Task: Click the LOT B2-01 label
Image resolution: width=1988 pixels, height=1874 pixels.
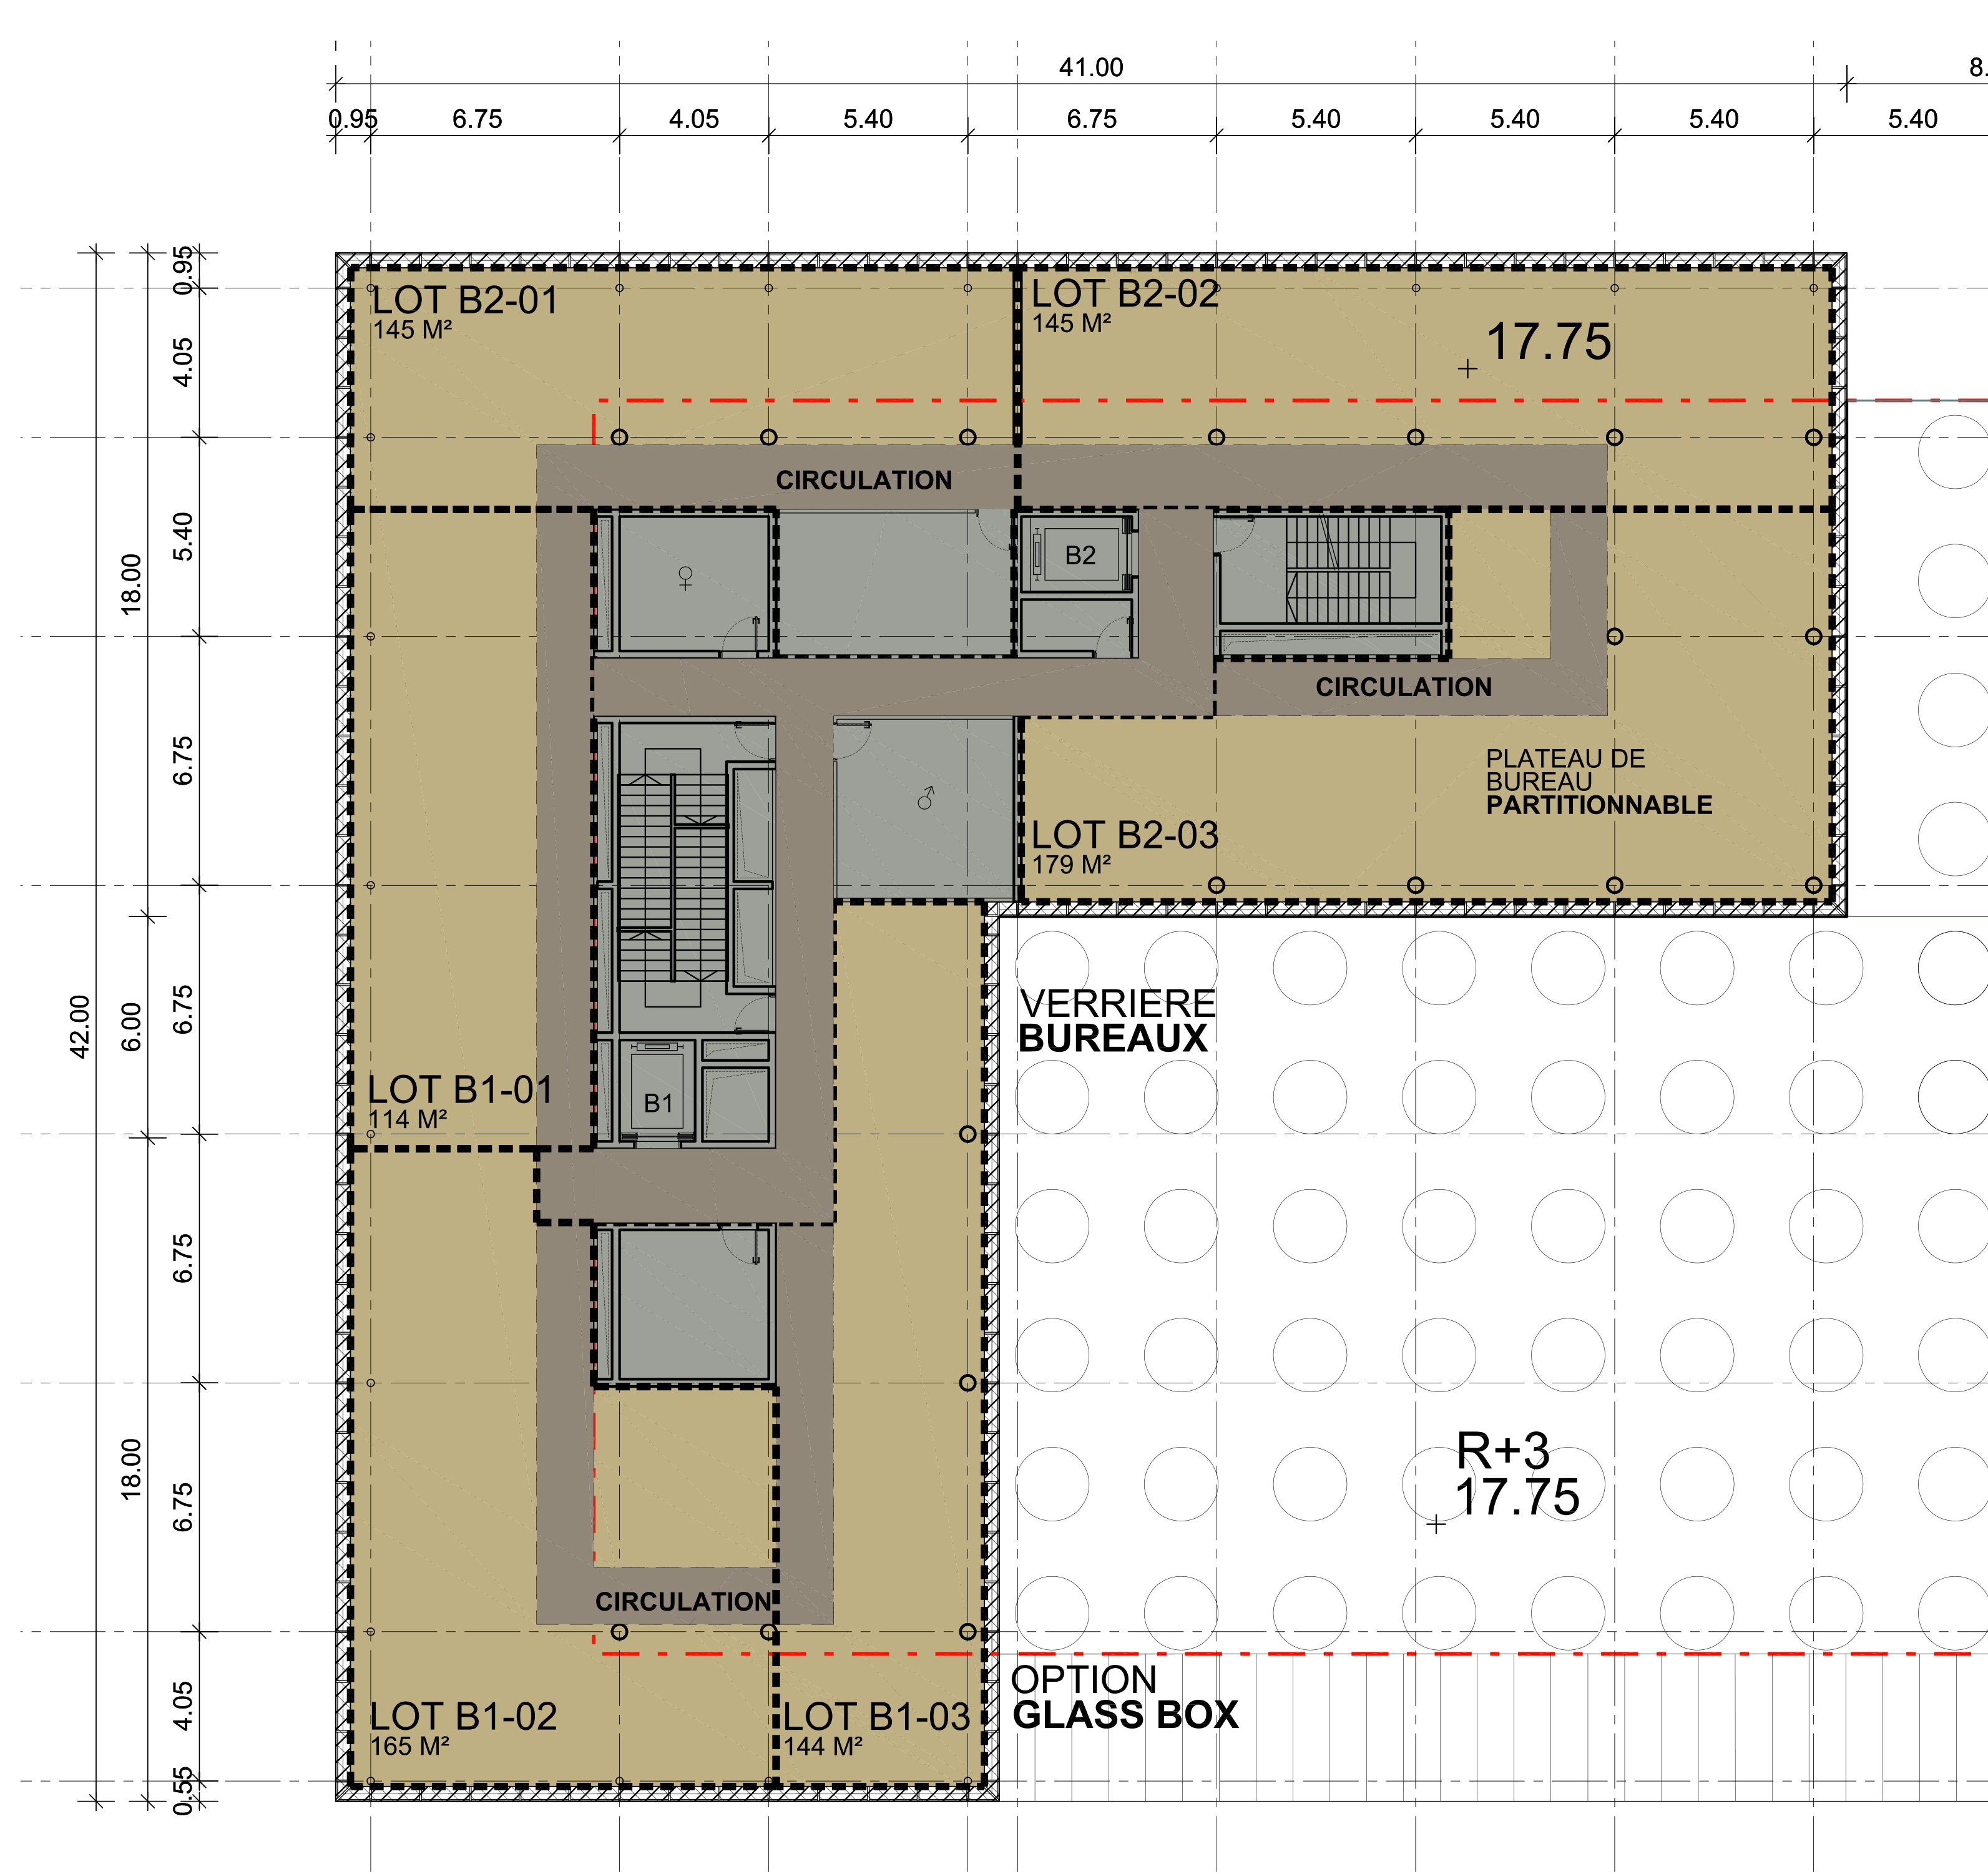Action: point(465,301)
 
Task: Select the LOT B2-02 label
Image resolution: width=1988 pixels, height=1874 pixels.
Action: point(1125,294)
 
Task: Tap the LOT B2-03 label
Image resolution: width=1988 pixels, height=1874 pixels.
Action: point(1125,835)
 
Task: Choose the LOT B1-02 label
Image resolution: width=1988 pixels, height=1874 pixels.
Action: point(463,1716)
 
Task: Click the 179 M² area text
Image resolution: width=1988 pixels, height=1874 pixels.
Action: point(1071,864)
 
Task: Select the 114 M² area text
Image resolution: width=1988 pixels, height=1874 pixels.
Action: point(408,1119)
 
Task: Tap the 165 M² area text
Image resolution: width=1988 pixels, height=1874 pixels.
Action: point(410,1746)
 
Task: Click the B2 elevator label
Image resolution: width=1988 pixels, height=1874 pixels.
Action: point(1080,555)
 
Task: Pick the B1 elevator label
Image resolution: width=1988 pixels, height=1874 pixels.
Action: point(658,1103)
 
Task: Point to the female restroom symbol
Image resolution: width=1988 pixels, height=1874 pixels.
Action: point(685,578)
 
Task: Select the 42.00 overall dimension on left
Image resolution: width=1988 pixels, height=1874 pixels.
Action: point(80,1026)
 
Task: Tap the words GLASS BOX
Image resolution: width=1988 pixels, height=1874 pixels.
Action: point(1125,1715)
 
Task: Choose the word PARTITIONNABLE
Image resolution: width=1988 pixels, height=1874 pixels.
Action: point(1599,805)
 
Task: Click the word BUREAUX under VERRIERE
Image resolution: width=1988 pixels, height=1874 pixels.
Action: point(1113,1038)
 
